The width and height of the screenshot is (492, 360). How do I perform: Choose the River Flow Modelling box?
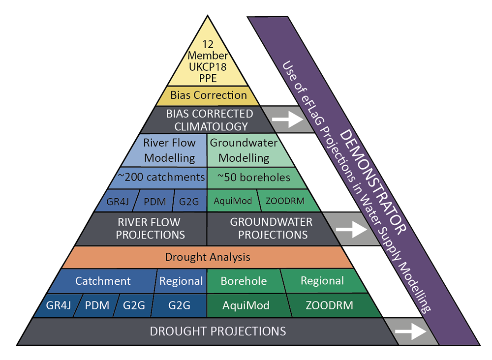tap(170, 150)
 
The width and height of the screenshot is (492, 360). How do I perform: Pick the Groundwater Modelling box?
tap(244, 150)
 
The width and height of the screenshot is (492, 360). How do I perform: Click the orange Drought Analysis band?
tap(208, 257)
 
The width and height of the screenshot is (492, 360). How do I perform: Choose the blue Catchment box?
tap(103, 281)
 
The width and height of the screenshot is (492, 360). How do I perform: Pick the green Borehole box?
tap(244, 281)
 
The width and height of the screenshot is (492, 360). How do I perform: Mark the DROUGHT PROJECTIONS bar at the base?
tap(217, 331)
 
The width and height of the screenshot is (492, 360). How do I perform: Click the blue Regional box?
tap(181, 281)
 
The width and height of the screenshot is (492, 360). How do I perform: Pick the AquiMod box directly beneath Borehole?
tap(246, 305)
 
